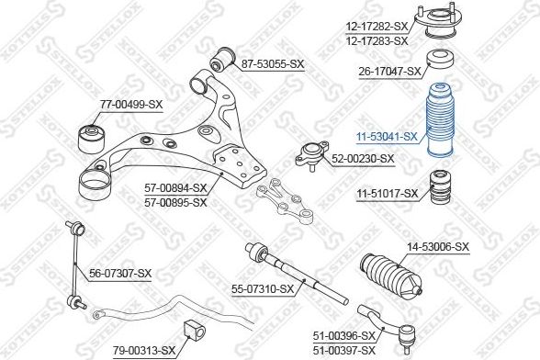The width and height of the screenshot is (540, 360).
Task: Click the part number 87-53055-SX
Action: tap(273, 64)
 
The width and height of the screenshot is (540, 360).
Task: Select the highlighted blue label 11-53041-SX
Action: tap(387, 137)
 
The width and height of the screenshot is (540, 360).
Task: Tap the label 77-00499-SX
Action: tap(130, 104)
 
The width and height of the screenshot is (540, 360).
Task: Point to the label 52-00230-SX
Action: tap(363, 159)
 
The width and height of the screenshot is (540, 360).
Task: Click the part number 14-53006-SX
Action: tap(438, 247)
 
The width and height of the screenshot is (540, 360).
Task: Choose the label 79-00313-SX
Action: tap(144, 351)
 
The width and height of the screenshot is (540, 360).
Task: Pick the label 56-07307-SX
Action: tap(120, 274)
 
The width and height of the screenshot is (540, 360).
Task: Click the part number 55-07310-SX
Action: tap(263, 289)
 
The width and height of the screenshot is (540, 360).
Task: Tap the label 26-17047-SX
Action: tap(389, 72)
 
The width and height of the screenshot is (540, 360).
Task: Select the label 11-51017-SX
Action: tap(388, 194)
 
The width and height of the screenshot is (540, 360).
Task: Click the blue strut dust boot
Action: tap(441, 120)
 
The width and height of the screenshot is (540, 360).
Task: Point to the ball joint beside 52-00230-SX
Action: tap(311, 155)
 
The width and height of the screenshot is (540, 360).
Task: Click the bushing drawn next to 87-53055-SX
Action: tap(222, 59)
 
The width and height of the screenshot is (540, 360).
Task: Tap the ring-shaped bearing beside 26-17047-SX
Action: tap(441, 60)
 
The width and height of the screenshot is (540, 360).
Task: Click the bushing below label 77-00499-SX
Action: tap(92, 139)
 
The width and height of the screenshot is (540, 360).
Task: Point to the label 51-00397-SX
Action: tap(343, 351)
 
